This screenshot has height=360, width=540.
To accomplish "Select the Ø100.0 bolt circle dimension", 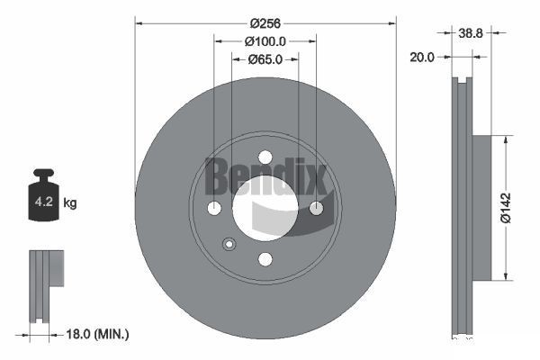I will [265, 41].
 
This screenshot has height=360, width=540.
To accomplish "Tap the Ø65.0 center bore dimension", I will [265, 59].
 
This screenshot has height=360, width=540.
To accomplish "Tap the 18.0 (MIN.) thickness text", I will [99, 334].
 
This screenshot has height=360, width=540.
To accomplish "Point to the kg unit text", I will [70, 203].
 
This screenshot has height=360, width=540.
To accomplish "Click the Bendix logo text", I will [265, 175].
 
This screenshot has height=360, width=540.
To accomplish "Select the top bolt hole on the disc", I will [265, 157].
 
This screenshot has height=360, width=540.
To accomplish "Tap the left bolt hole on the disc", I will [214, 208].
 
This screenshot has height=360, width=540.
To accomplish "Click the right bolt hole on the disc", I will [316, 208].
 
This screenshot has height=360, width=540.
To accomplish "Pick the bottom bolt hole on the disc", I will [265, 259].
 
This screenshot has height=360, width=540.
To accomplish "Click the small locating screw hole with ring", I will [229, 243].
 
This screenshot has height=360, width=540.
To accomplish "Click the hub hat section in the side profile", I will [479, 207].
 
